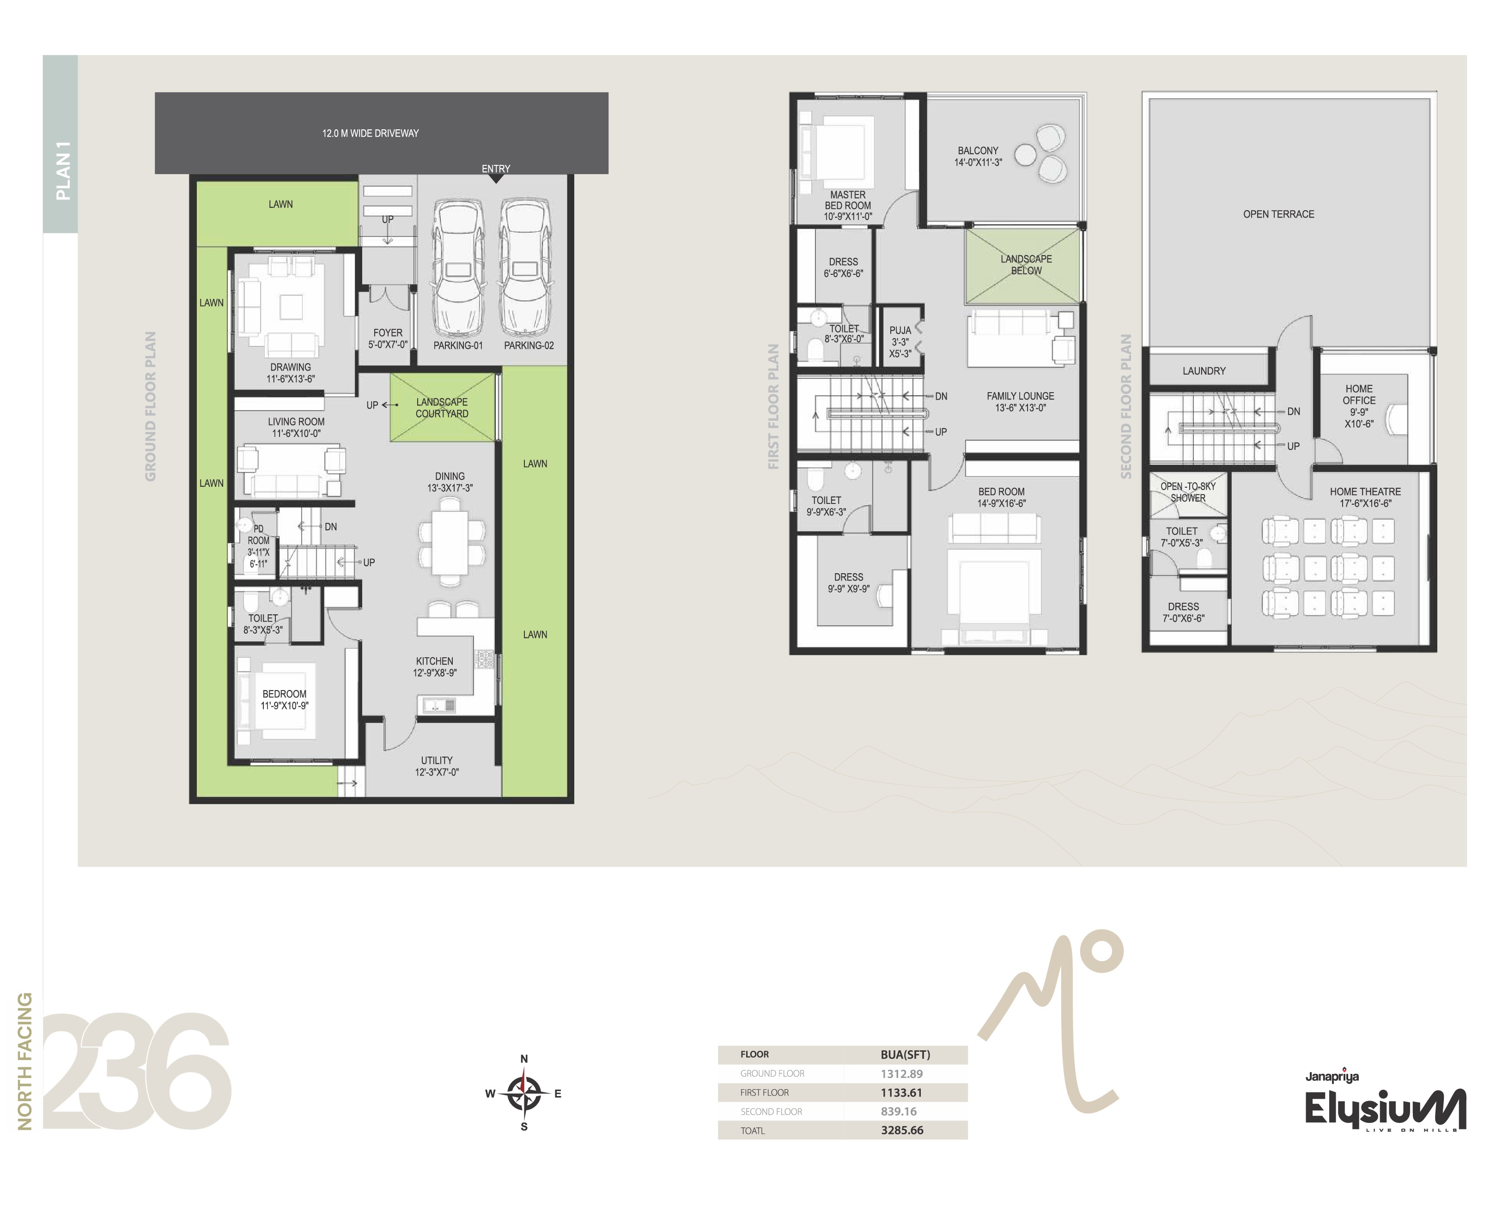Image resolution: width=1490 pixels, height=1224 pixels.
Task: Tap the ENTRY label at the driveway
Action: [496, 169]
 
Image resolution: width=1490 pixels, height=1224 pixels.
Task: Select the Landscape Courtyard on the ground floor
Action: [443, 407]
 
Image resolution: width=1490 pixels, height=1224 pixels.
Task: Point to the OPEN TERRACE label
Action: [1278, 214]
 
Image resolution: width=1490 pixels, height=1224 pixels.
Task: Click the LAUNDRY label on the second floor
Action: [1204, 371]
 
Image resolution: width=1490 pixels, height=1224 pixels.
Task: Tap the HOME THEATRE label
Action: [1365, 491]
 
